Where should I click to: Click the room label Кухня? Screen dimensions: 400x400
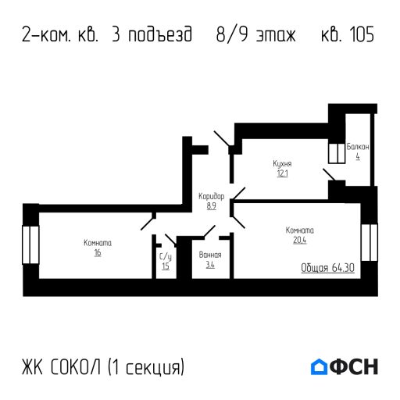point(282,163)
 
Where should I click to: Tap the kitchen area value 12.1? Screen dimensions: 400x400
point(282,173)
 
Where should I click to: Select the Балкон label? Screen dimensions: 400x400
point(358,147)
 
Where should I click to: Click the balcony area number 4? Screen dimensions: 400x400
point(358,156)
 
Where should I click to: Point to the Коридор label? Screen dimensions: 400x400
point(211,196)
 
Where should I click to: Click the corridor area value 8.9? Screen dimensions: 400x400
point(211,206)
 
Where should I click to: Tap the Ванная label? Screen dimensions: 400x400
point(210,255)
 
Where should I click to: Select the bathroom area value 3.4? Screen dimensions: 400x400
point(210,266)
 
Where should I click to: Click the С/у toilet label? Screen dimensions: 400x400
point(166,256)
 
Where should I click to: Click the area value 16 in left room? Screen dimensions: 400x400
point(98,253)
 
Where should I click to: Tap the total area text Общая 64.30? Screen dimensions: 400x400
point(328,268)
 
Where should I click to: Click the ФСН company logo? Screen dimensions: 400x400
point(344,366)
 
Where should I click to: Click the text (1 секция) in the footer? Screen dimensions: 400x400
point(146,366)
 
